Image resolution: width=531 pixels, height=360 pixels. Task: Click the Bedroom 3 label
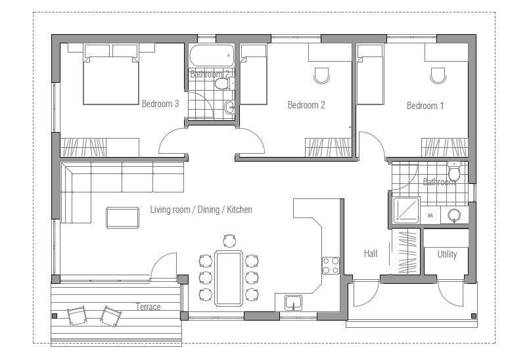coord(160,104)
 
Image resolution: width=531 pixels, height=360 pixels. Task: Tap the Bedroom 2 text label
coord(306,105)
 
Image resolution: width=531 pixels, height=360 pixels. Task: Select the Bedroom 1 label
coord(425,106)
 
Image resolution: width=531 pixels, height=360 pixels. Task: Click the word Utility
coord(447,254)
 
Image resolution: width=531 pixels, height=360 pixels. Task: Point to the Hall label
coord(371,253)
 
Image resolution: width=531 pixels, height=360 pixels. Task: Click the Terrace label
coord(148,307)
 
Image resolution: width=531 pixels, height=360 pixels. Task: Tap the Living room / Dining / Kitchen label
coord(200,210)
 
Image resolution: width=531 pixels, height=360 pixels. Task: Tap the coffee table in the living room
coord(122,217)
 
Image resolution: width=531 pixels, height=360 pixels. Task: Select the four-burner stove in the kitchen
coord(330,265)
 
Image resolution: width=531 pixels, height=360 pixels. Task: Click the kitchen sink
coord(293,302)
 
